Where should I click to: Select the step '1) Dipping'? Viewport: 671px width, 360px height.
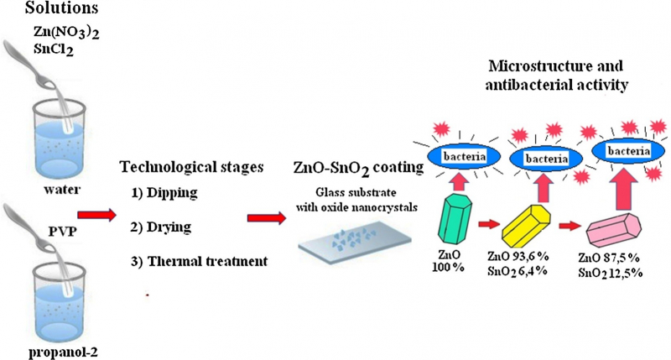pyautogui.click(x=164, y=193)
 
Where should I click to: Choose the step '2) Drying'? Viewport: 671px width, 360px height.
pyautogui.click(x=162, y=227)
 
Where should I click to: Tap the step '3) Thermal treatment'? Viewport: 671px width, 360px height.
pyautogui.click(x=200, y=260)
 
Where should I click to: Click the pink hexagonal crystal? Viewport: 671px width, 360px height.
pyautogui.click(x=616, y=230)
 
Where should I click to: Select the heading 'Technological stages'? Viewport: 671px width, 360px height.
pyautogui.click(x=194, y=165)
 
